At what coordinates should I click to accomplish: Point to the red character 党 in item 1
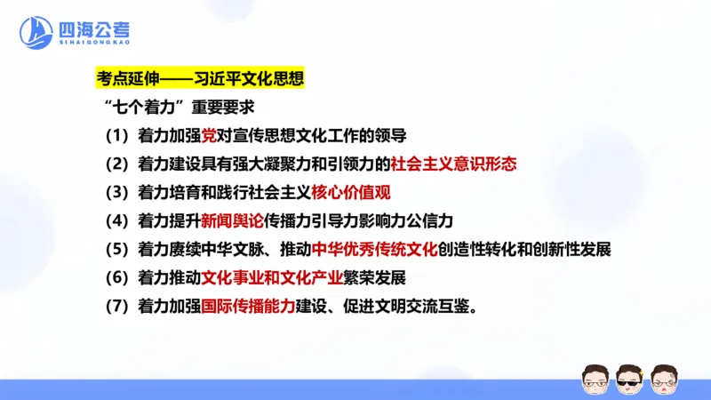(210, 136)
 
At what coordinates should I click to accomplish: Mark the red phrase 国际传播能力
(248, 305)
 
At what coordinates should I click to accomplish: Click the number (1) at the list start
(116, 136)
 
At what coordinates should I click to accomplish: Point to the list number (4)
(116, 220)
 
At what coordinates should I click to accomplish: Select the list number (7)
(116, 305)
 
